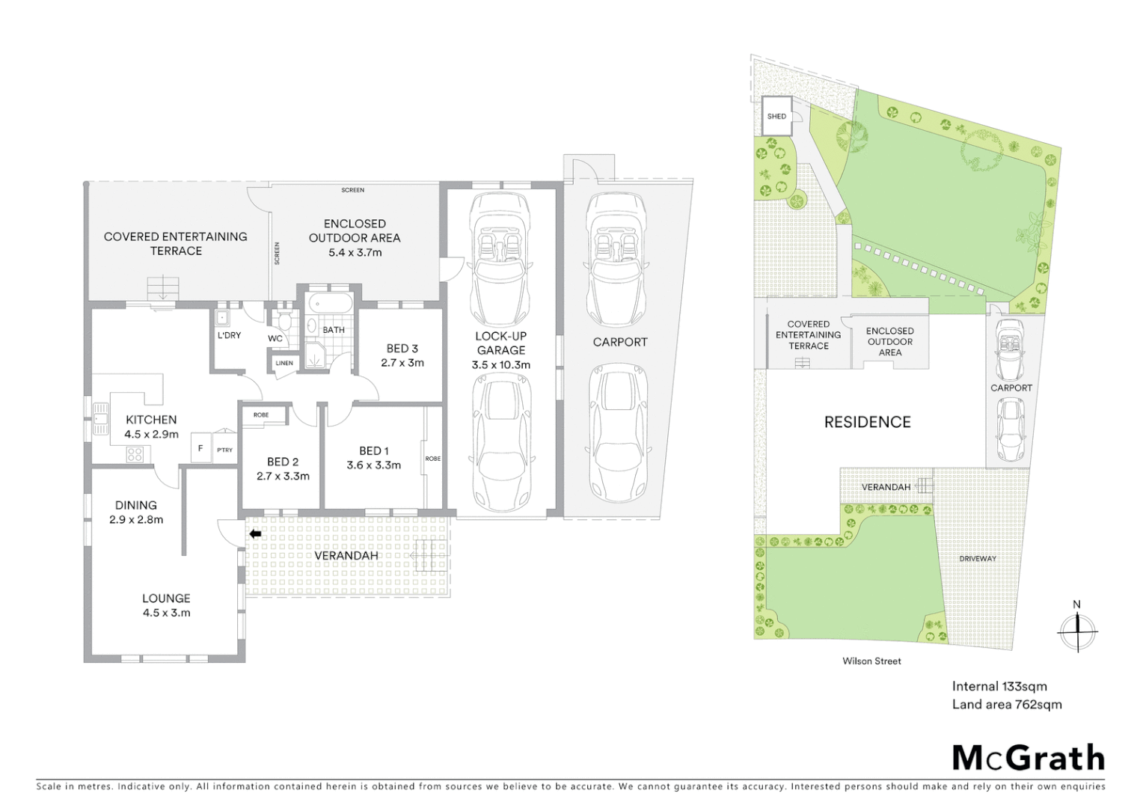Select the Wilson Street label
coord(871,661)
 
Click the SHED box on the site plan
coord(776,116)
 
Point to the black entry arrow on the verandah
coord(255,533)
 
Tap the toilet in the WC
coord(284,322)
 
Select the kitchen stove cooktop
coord(135,454)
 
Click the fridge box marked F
coord(200,449)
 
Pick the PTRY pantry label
coord(224,450)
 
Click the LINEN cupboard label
coord(284,364)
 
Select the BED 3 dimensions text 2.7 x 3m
coord(402,363)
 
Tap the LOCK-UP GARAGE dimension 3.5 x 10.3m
coord(500,365)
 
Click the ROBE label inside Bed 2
coord(261,414)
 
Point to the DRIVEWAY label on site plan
coord(978,559)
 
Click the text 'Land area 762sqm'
coord(1006,704)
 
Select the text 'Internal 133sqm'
coord(999,686)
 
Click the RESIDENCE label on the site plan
coord(867,422)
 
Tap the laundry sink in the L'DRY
coord(223,317)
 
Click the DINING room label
coord(136,505)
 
